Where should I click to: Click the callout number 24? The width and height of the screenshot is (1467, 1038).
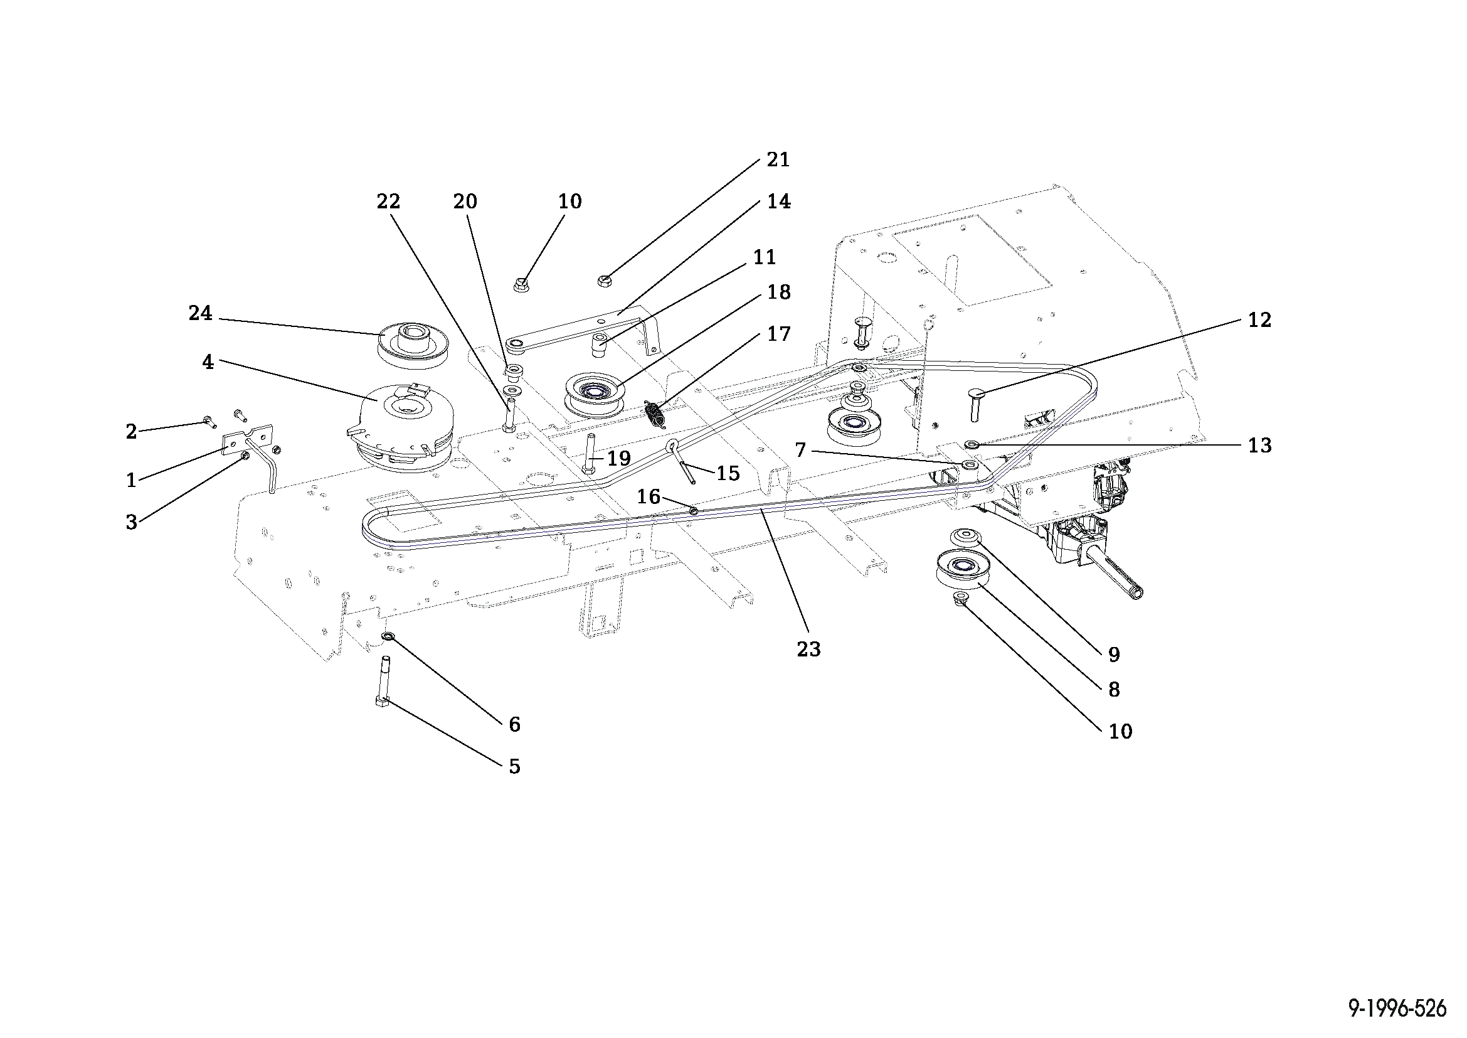point(200,313)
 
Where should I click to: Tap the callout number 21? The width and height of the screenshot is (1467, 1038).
point(778,160)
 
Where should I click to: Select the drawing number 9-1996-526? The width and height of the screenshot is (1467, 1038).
point(1397,1009)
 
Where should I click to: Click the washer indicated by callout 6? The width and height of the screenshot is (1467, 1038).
point(387,636)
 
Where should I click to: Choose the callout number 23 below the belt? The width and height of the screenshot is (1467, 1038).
point(808,649)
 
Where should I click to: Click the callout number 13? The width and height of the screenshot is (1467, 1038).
point(1259,446)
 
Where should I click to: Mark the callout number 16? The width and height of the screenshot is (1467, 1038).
point(648,496)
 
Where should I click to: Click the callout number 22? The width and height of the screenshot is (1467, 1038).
point(388,201)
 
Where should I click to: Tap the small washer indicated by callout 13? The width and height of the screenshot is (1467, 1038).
point(971,444)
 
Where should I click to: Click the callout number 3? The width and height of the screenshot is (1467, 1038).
point(131,522)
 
